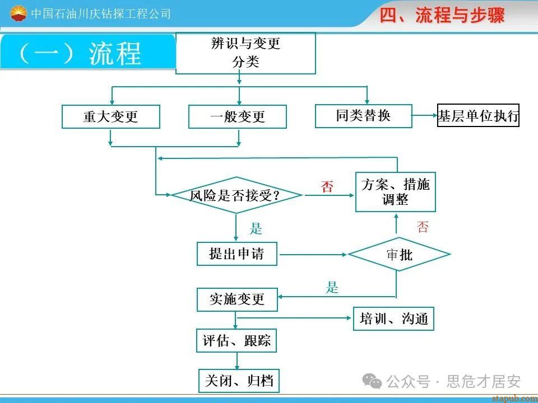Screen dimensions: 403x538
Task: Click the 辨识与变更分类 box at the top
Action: pos(245,53)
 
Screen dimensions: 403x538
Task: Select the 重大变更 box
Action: pos(110,117)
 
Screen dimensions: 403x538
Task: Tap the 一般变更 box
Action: pos(237,117)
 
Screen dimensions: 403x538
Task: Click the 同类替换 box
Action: pos(363,116)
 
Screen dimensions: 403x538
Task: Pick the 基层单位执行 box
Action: pos(478,116)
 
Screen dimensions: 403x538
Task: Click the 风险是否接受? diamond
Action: pos(236,195)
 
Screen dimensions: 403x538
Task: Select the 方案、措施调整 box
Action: pos(395,192)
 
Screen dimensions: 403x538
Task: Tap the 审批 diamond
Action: pos(399,255)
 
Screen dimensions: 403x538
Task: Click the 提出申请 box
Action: pos(238,254)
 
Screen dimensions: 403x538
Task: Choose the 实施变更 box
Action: pos(238,299)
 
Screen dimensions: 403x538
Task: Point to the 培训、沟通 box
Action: pos(393,318)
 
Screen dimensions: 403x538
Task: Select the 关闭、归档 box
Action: pos(239,381)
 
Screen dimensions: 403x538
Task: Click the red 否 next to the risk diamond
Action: pos(327,187)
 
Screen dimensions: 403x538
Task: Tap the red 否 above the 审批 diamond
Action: pos(423,227)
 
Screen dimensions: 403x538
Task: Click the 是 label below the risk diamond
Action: pos(256,228)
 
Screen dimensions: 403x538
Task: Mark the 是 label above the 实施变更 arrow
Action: pos(332,288)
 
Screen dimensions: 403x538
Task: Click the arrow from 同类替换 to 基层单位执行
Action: pos(425,116)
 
